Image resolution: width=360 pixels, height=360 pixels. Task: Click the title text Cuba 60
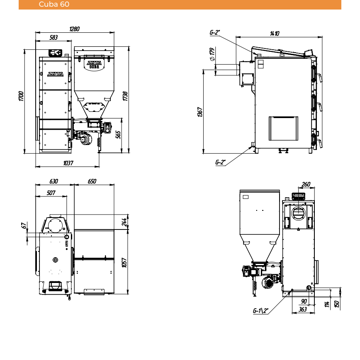point(54,4)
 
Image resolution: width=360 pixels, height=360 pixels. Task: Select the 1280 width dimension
point(74,29)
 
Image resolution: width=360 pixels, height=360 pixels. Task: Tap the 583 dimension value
point(54,37)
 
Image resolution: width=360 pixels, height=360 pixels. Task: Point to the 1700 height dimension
point(21,96)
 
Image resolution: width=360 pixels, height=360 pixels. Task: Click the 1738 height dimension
point(125,96)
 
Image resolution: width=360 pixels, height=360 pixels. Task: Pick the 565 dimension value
point(118,135)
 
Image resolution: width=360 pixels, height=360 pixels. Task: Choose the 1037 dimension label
point(68,163)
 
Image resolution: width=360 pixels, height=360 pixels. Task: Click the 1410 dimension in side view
point(275,34)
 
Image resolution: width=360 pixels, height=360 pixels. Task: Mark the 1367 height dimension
point(200,112)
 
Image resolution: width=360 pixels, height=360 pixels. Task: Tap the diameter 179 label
point(212,54)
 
